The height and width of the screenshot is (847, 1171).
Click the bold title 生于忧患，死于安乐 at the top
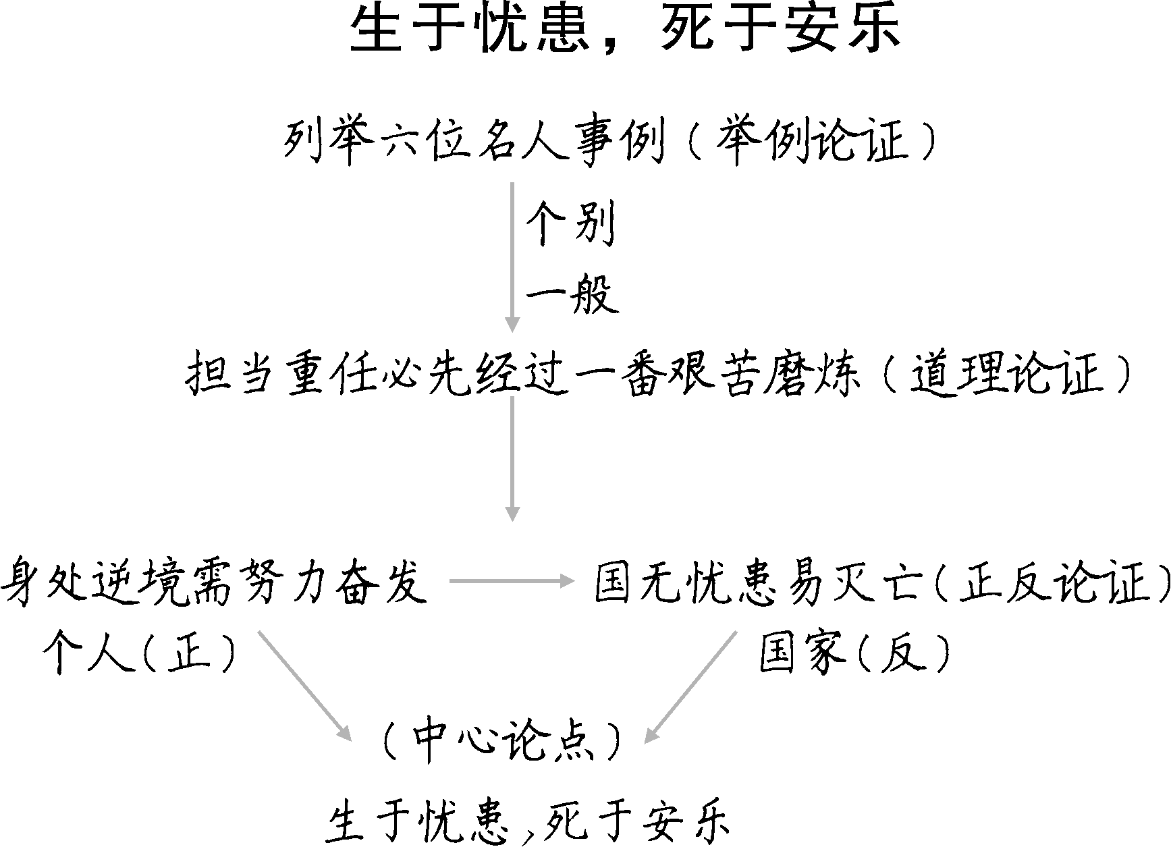click(625, 30)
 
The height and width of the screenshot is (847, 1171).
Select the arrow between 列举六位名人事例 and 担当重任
click(513, 256)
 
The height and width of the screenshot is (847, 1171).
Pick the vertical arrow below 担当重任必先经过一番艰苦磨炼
click(513, 459)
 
